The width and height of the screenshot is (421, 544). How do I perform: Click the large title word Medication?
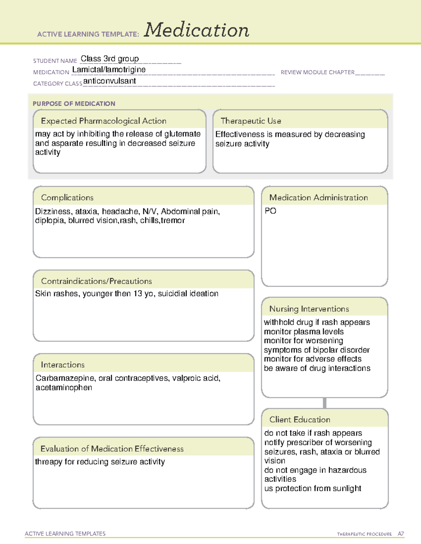tap(196, 30)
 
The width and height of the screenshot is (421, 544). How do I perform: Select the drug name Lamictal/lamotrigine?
tap(109, 70)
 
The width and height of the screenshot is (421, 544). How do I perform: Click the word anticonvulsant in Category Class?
tap(109, 81)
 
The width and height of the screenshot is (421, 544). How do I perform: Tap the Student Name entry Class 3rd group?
tap(109, 58)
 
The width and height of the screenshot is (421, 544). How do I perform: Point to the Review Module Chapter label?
tap(318, 72)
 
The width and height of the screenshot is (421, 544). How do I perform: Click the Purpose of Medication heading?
tap(74, 104)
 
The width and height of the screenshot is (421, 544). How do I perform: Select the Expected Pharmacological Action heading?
tap(103, 121)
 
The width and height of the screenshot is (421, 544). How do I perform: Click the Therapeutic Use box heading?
tap(250, 121)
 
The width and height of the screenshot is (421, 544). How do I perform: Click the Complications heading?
tap(67, 198)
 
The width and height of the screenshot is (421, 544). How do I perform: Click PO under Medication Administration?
tap(270, 211)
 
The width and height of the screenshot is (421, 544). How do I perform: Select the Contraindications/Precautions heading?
tap(96, 281)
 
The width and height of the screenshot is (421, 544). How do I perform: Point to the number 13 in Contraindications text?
tap(138, 294)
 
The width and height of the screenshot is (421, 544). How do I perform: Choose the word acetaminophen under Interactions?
tap(64, 388)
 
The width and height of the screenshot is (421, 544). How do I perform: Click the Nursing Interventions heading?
tap(309, 309)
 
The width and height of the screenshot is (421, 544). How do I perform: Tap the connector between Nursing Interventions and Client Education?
tap(325, 403)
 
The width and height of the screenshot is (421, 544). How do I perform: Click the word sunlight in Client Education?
tap(346, 488)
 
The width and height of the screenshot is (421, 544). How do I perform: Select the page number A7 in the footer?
tap(401, 534)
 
